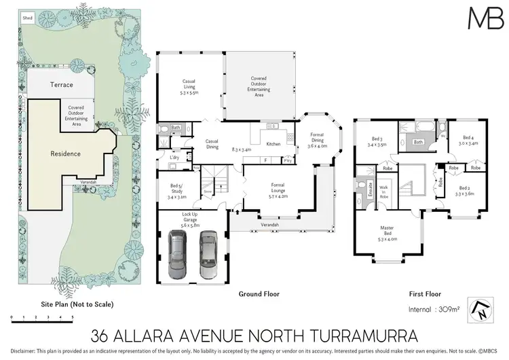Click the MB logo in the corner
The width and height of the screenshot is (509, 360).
486,17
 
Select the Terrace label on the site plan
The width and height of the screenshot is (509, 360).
62,85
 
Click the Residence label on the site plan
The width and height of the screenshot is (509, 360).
66,154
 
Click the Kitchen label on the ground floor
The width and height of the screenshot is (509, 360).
273,144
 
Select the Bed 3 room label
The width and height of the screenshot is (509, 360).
377,141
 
